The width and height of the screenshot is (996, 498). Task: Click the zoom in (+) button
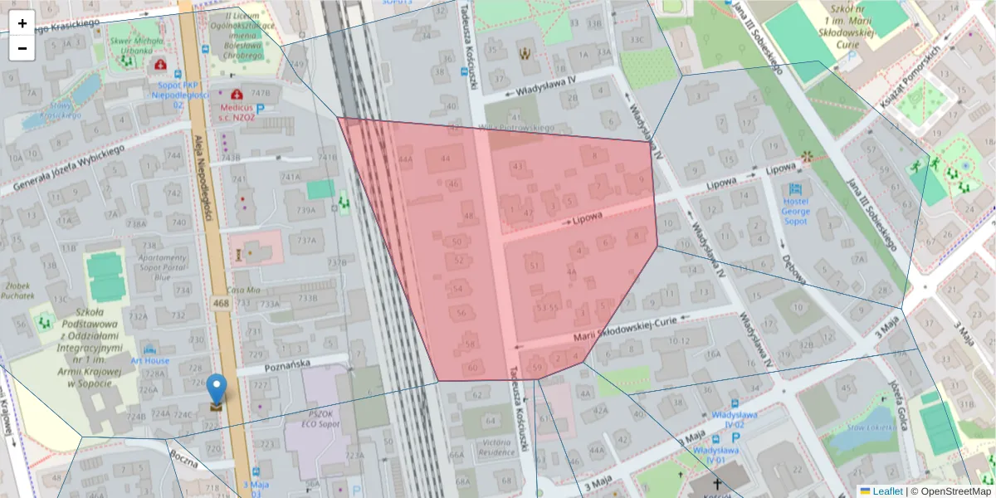pyautogui.click(x=22, y=23)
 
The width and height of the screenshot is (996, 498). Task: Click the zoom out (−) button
pyautogui.click(x=22, y=48)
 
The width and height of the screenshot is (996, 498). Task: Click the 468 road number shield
pyautogui.click(x=221, y=304)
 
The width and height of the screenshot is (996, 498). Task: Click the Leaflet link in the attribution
pyautogui.click(x=887, y=491)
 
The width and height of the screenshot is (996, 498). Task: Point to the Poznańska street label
pyautogui.click(x=286, y=364)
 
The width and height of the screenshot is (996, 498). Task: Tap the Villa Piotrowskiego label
pyautogui.click(x=516, y=127)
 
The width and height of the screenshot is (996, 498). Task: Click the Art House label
pyautogui.click(x=150, y=361)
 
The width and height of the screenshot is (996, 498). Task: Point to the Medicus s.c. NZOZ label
pyautogui.click(x=237, y=113)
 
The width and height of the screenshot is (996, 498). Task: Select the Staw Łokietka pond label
pyautogui.click(x=869, y=428)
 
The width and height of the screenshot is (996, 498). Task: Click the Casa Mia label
pyautogui.click(x=243, y=290)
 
